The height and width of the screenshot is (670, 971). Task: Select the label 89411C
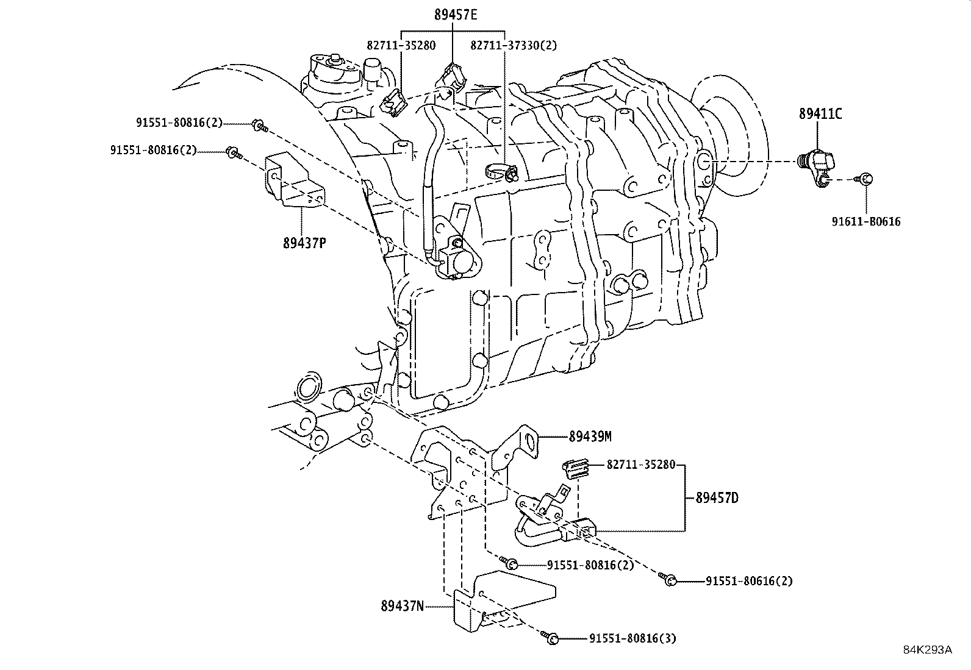coord(820,113)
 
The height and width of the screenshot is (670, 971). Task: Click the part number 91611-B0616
coord(865,222)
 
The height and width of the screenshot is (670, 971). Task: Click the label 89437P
coord(304,243)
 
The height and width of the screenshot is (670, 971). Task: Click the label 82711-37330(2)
coord(514,45)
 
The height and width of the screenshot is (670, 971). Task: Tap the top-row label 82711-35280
coord(401,45)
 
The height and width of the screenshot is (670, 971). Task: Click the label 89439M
coord(590,437)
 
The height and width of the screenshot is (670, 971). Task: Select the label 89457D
coord(717,498)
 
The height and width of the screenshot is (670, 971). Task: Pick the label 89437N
coord(402,606)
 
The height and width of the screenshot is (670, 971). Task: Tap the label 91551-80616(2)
coord(749,581)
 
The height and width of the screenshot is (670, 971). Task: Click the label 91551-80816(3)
coord(632,638)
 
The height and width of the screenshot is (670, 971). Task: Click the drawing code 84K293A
coord(927,650)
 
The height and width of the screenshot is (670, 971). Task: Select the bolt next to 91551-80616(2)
coord(668,580)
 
